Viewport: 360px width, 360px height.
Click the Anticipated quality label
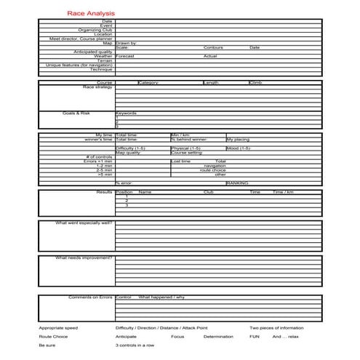click(93, 52)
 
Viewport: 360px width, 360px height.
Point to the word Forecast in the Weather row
click(125, 56)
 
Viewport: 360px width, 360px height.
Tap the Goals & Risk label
click(76, 113)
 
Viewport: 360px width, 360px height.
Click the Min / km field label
click(180, 135)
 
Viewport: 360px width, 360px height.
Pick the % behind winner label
click(188, 139)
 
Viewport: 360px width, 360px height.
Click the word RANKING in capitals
click(237, 183)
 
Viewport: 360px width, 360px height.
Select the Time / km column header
click(283, 192)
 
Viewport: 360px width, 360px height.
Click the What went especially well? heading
click(84, 223)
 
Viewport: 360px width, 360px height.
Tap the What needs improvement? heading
click(84, 257)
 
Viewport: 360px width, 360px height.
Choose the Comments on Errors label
click(90, 297)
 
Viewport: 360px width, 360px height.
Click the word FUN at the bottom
click(255, 337)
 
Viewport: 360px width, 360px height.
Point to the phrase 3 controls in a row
click(135, 345)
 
